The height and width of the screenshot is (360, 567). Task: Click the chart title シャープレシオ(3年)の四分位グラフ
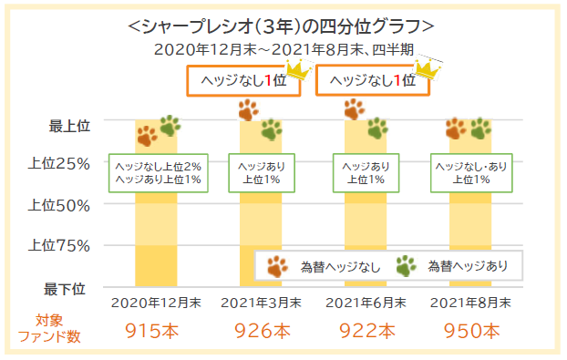pos(283,25)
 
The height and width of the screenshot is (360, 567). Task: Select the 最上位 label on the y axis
pos(69,125)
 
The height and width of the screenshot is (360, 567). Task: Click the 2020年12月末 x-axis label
pos(156,303)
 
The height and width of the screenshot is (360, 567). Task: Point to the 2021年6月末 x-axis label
pos(366,303)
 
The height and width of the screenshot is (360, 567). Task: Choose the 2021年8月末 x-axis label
pos(470,303)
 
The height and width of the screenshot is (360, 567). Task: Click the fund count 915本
pos(156,330)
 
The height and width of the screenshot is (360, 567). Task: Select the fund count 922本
pos(366,330)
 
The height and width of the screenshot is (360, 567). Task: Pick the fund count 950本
pos(470,330)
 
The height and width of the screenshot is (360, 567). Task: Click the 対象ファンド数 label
pos(50,328)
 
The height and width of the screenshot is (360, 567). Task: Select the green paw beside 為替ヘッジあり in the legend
pos(407,266)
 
